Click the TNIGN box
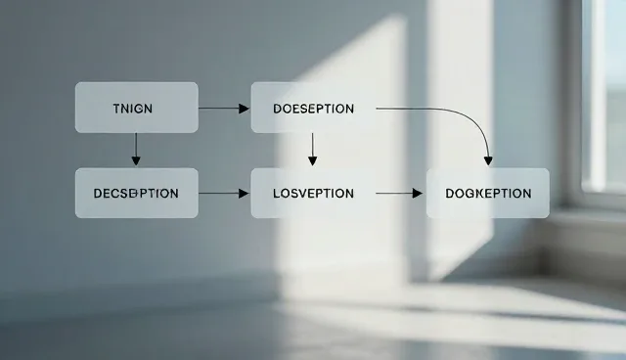tap(137, 108)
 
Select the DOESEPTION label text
tap(313, 109)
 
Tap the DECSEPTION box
tap(137, 193)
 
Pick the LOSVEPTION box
tap(313, 193)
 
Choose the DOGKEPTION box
tap(488, 193)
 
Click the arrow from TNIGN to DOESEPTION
tap(224, 109)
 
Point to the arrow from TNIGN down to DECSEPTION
tap(136, 150)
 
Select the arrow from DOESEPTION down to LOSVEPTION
tap(313, 150)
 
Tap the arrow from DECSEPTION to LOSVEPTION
tap(224, 194)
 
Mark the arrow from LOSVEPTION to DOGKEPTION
tap(399, 194)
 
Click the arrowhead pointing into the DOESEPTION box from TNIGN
tap(244, 109)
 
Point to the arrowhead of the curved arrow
tap(488, 160)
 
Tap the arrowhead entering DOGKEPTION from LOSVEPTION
tap(418, 194)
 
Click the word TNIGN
tap(133, 109)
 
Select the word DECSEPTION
tap(136, 194)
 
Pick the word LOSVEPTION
tap(313, 194)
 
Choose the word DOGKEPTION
tap(488, 194)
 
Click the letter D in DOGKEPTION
tap(450, 194)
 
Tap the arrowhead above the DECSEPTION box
tap(136, 160)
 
